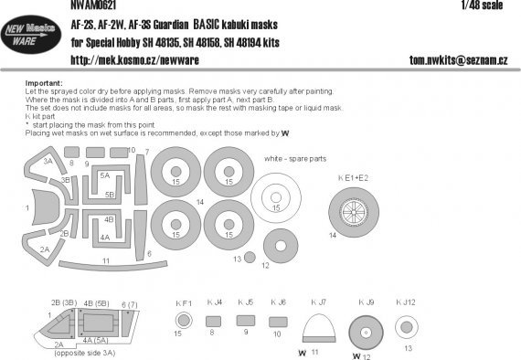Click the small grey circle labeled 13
(x=238, y=259)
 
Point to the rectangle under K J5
(x=245, y=321)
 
